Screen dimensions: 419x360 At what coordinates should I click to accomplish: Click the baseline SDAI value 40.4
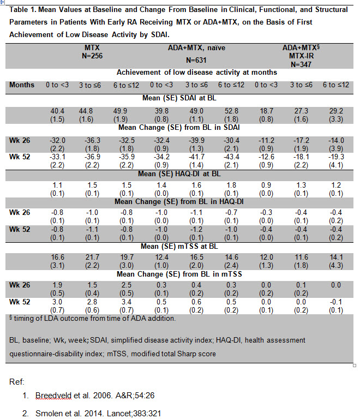(58, 111)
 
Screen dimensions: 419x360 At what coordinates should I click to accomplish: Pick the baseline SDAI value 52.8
(228, 111)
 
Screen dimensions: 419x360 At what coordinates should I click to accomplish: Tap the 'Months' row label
(22, 85)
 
